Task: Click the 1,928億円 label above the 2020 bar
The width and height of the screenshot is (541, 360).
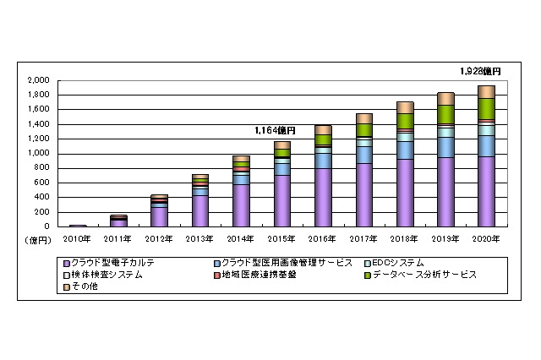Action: (x=482, y=73)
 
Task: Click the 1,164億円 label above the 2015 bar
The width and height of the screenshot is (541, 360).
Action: (x=276, y=130)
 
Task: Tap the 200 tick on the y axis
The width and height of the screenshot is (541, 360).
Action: (x=42, y=212)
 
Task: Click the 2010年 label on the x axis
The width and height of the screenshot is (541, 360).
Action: (x=78, y=238)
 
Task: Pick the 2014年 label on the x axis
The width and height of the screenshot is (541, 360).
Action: (x=241, y=238)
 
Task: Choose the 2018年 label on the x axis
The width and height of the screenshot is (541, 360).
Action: (x=404, y=238)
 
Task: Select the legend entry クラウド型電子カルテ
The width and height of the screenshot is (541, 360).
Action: (x=123, y=264)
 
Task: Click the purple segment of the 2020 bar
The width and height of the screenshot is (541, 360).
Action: (x=486, y=192)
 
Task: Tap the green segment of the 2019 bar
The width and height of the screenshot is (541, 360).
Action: (x=445, y=114)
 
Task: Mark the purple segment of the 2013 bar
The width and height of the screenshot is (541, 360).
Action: (x=200, y=211)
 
